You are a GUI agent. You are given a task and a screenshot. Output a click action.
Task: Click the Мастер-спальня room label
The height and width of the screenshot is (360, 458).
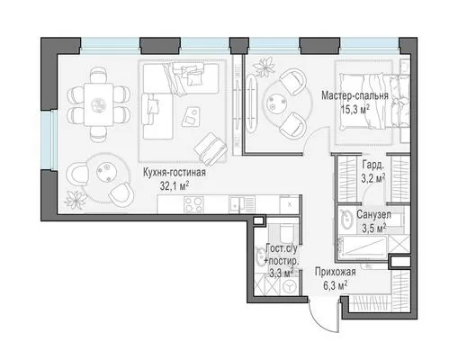point(355,95)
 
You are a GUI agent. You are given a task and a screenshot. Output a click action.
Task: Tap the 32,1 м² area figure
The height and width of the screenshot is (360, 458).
point(175,186)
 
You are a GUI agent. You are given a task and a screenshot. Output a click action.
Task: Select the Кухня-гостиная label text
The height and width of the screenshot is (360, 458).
point(175,173)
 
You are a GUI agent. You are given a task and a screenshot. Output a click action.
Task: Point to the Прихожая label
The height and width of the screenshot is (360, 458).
point(336,272)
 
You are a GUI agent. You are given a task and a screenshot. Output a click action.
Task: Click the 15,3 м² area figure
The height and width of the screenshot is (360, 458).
point(355,109)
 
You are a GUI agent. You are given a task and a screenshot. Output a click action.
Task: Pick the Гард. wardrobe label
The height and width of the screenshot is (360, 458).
point(373,165)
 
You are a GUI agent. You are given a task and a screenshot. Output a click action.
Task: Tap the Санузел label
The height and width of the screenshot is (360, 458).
point(373,214)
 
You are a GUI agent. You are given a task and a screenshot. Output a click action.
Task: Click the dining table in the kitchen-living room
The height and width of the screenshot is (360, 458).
point(99,104)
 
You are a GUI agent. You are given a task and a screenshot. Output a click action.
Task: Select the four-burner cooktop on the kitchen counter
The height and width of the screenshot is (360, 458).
point(193,204)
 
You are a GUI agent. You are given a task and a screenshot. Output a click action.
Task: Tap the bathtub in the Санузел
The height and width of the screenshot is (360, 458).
point(363,247)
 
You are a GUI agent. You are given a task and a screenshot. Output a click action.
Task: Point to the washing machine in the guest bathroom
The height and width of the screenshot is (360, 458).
point(290,286)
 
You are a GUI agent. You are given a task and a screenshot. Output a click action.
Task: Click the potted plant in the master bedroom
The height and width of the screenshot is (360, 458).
point(265,67)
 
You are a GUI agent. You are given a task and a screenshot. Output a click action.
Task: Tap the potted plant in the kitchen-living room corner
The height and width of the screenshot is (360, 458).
point(75,199)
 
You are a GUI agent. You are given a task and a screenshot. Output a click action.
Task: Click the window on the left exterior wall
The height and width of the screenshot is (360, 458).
point(47,140)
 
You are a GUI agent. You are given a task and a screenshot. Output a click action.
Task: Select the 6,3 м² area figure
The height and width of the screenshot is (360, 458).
point(336,285)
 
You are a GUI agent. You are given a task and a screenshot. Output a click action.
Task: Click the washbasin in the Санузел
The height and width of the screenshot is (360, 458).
point(346,219)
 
